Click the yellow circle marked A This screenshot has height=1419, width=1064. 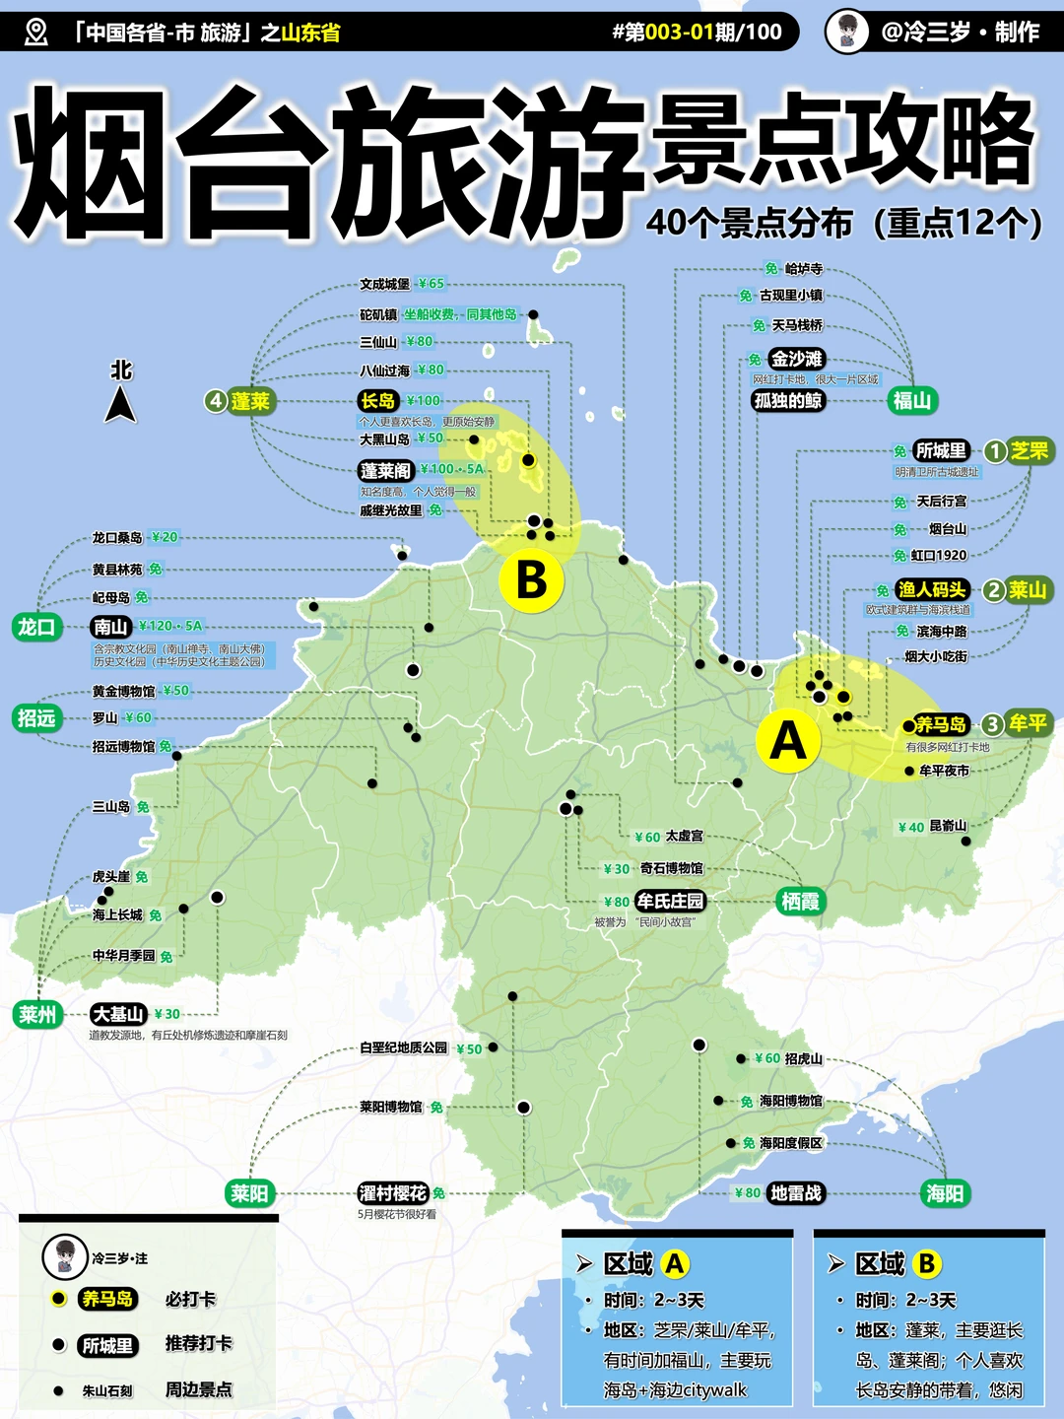[787, 741]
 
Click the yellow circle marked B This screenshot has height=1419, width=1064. [531, 580]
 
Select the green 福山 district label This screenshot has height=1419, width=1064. [911, 400]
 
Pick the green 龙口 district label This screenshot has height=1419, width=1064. [36, 627]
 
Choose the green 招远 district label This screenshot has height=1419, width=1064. [36, 718]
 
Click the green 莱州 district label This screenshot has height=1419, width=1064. [37, 1014]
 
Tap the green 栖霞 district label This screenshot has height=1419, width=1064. [800, 901]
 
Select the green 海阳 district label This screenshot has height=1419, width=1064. [944, 1193]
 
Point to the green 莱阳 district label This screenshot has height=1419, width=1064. [249, 1193]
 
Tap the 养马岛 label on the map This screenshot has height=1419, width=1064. [941, 724]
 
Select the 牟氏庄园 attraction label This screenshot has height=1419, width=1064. [670, 901]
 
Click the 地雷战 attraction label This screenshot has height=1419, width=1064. [795, 1193]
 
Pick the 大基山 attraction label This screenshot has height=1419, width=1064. [119, 1014]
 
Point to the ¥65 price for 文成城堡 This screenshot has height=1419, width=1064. [431, 284]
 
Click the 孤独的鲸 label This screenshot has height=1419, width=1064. [787, 400]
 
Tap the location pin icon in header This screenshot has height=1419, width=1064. [36, 33]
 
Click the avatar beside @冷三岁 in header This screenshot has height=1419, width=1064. [846, 32]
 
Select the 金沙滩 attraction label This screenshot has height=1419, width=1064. [796, 359]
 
